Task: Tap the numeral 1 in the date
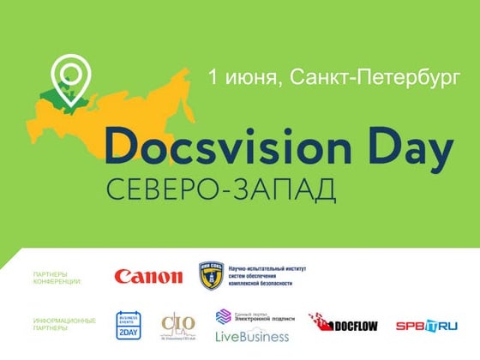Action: (x=214, y=78)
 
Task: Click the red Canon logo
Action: (x=148, y=277)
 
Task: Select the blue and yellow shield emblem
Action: (x=211, y=276)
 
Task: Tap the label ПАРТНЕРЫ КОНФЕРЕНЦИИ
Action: (x=57, y=277)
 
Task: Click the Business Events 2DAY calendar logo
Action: (x=128, y=323)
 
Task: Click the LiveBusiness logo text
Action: (x=252, y=337)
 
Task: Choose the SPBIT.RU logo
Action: (x=426, y=325)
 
